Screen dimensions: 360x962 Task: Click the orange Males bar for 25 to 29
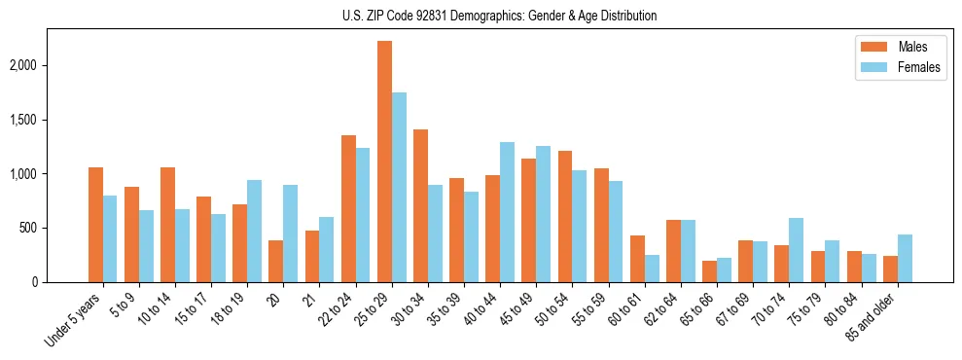(x=384, y=162)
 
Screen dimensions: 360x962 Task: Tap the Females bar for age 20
(x=291, y=234)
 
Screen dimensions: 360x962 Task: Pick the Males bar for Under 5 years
(x=95, y=225)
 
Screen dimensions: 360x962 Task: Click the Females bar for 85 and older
(x=905, y=258)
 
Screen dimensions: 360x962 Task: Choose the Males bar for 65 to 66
(x=709, y=271)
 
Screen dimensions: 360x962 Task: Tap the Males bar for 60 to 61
(x=637, y=259)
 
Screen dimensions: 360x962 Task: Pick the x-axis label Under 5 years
(x=74, y=320)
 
